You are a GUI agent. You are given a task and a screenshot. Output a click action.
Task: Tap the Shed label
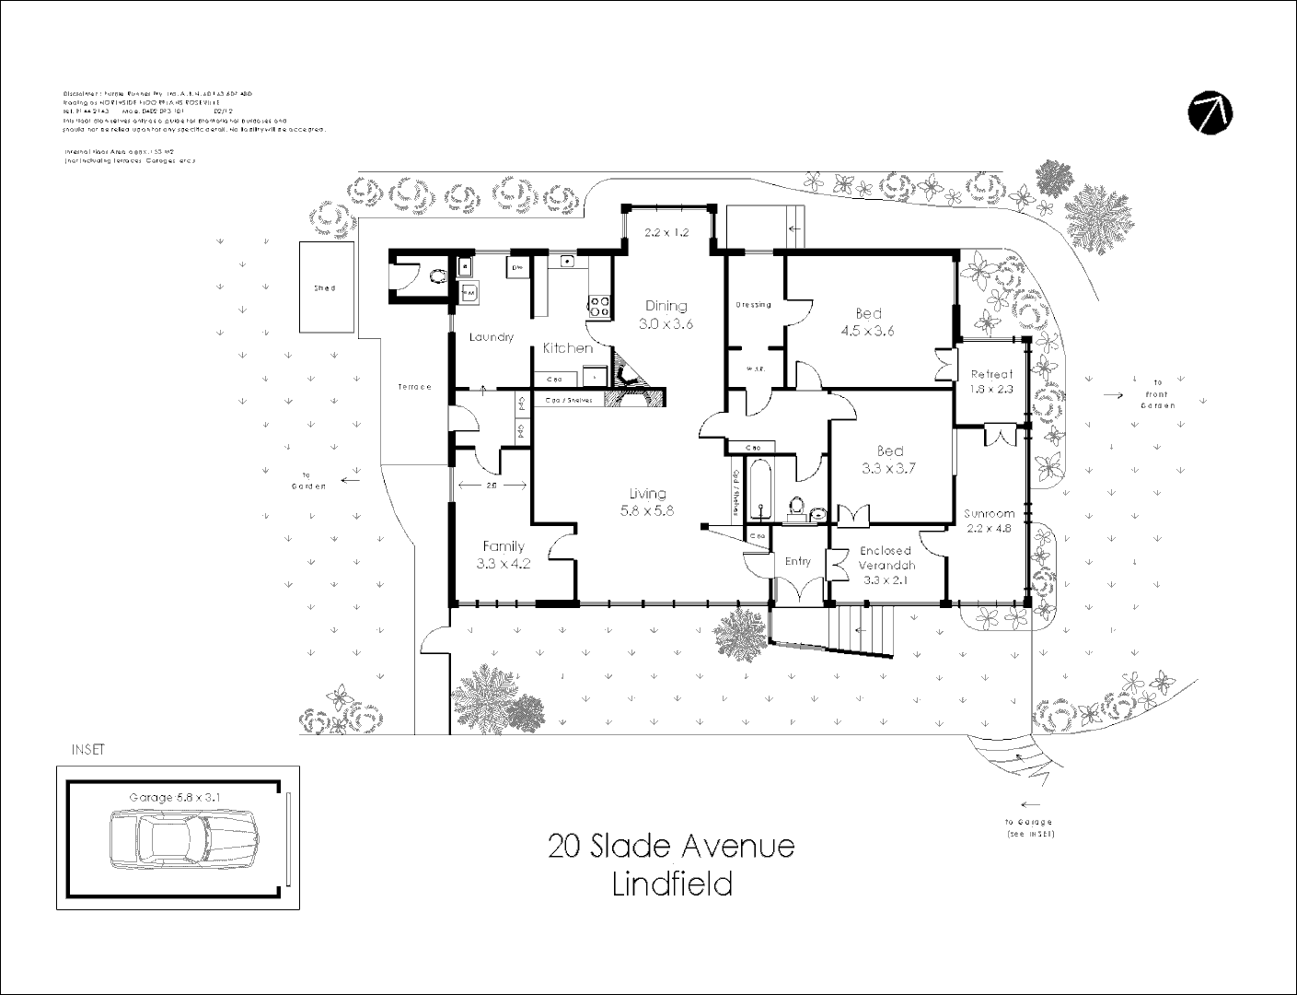(325, 288)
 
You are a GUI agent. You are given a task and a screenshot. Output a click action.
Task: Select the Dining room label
(666, 306)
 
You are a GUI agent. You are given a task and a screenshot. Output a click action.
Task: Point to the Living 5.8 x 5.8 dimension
(648, 510)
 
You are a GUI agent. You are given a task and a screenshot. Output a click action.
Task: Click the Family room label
(504, 546)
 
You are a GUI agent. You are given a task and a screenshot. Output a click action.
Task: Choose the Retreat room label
(991, 374)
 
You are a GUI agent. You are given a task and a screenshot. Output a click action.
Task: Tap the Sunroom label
(990, 513)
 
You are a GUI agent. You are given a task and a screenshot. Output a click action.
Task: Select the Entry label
(797, 561)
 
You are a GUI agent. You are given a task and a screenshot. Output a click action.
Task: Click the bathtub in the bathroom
(759, 488)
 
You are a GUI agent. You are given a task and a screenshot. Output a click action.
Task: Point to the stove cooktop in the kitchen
(598, 305)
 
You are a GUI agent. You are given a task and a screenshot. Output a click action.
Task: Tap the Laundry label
(491, 337)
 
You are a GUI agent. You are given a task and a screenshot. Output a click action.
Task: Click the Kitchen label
(567, 347)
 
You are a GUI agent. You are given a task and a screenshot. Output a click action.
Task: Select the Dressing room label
(754, 305)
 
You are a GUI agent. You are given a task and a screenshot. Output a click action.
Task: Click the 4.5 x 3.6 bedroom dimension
(869, 332)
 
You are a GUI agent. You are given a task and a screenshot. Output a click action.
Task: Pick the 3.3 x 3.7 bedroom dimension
(889, 468)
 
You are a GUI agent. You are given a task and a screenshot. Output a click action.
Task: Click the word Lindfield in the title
(672, 884)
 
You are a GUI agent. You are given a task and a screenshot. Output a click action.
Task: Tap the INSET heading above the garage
(88, 750)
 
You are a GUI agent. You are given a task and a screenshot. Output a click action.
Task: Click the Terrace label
(414, 387)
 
